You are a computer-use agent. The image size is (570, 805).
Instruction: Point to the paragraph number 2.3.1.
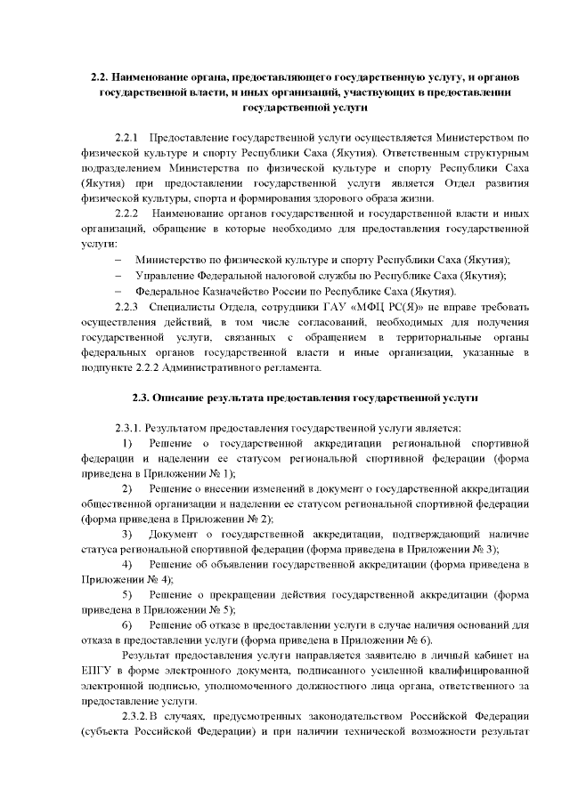point(130,427)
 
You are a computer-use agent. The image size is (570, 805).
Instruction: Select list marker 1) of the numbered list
point(127,442)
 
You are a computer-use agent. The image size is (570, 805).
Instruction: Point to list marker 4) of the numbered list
point(127,565)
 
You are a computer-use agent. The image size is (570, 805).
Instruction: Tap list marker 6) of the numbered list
point(127,625)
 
